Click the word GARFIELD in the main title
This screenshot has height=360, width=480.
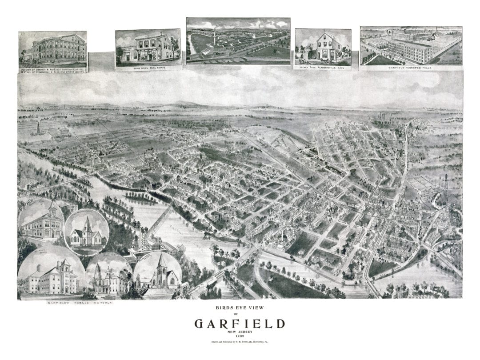240,324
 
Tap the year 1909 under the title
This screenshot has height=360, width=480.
240,336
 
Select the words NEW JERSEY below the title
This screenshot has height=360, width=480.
240,332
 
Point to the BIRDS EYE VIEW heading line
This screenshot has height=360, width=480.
240,307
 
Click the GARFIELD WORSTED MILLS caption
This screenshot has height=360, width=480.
411,67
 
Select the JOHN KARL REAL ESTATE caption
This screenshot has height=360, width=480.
148,68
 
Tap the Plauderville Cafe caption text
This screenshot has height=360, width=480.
323,67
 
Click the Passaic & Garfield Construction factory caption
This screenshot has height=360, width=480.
53,68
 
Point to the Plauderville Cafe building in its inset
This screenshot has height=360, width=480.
328,48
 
